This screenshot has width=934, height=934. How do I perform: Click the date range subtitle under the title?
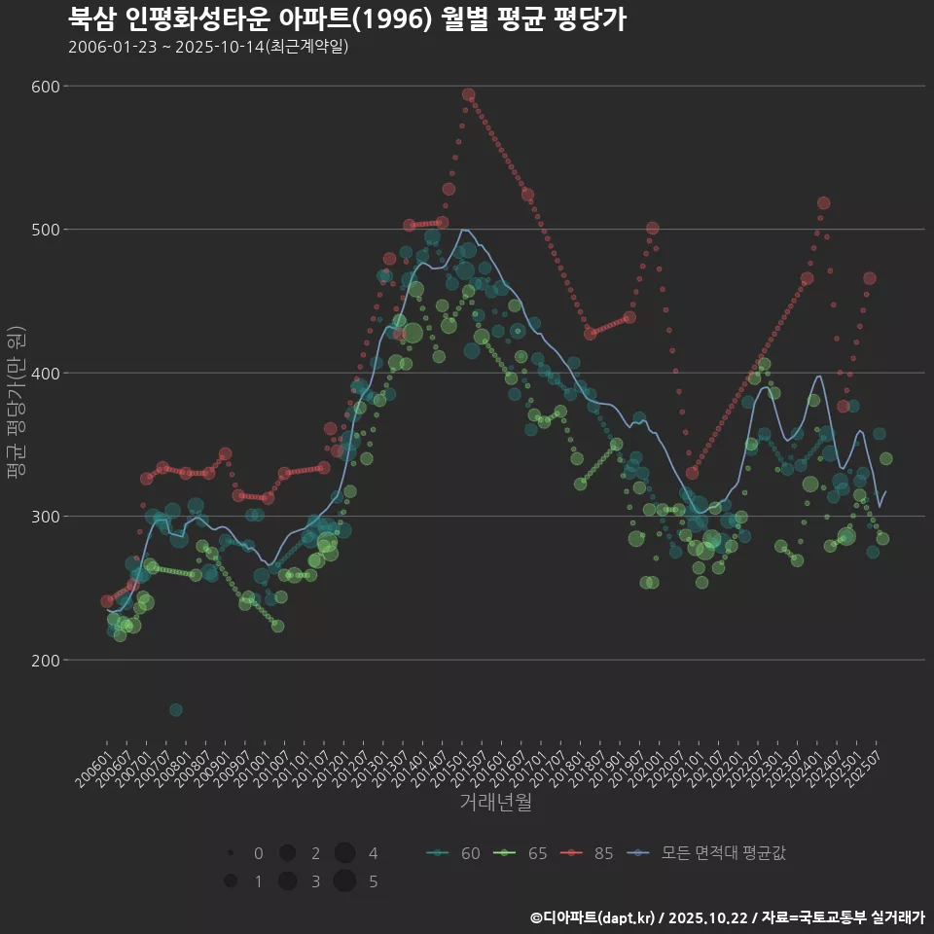(x=208, y=48)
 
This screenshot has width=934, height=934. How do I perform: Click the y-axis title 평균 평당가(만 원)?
(x=16, y=402)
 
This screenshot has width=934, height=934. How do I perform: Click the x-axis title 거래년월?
(x=495, y=803)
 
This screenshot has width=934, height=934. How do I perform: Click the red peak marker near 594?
(x=468, y=95)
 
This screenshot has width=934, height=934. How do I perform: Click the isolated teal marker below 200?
(x=175, y=709)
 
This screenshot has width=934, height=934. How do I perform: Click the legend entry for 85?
(x=588, y=853)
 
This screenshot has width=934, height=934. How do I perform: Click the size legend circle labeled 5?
(x=343, y=881)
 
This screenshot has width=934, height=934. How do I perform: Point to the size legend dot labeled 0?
(x=231, y=853)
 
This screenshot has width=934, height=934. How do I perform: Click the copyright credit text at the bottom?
(x=727, y=916)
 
